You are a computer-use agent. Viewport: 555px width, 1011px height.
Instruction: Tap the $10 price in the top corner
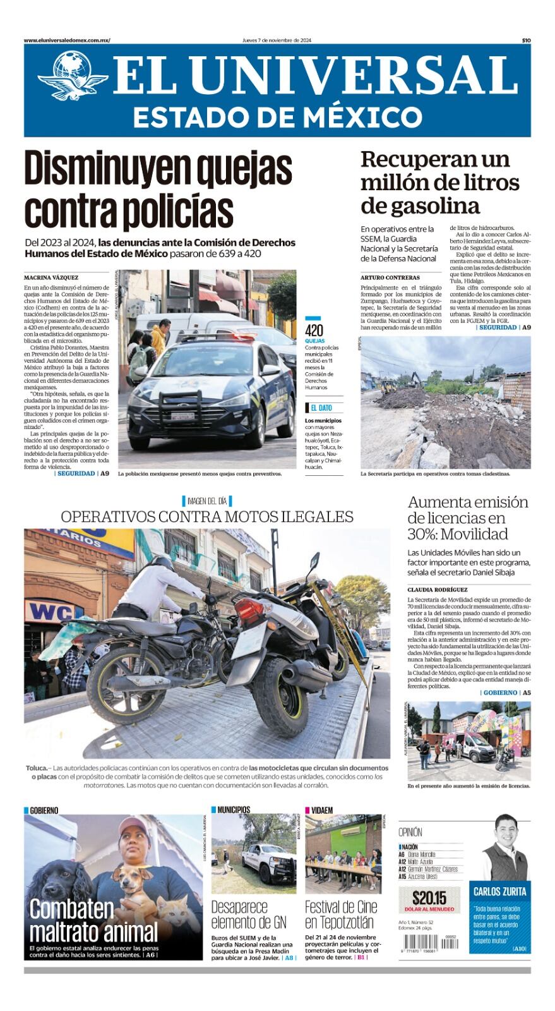pos(525,40)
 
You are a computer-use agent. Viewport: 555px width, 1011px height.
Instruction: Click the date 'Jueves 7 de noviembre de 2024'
pos(277,40)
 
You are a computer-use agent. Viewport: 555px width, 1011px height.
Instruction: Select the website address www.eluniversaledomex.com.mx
pos(67,40)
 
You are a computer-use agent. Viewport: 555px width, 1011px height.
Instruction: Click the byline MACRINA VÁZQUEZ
pos(52,277)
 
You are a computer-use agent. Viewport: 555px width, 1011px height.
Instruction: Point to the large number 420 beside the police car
pos(314,331)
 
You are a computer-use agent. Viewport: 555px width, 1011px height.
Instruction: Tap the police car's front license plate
pos(182,416)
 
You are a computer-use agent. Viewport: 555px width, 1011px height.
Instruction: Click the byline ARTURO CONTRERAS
pos(390,277)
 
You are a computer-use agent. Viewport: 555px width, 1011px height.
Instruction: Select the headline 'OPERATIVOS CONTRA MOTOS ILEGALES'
pos(207,516)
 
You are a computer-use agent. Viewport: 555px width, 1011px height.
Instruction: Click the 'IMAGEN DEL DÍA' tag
pos(206,501)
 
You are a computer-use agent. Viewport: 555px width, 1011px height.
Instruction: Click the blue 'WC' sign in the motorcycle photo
pos(49,611)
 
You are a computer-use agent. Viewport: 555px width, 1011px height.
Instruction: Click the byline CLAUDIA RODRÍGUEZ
pos(438,590)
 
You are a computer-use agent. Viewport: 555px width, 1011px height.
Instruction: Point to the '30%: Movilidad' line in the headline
pos(458,534)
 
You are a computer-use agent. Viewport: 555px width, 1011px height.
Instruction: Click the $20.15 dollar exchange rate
pos(429,897)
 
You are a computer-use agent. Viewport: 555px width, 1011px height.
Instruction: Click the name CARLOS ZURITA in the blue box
pos(500,892)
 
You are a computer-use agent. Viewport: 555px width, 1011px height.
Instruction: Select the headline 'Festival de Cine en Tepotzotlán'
pos(341,914)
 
